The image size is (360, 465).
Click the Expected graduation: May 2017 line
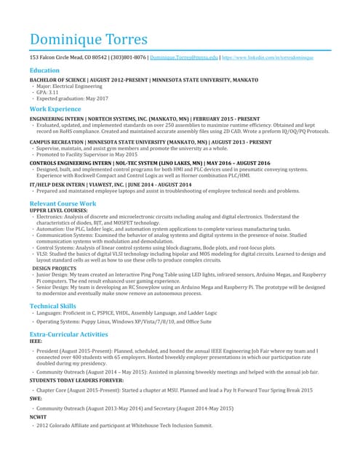71,98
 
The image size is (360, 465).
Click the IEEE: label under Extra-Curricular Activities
36,340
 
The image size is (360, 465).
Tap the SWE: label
36,399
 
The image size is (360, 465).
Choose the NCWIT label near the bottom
38,418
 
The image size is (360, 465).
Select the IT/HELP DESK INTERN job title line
109,185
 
